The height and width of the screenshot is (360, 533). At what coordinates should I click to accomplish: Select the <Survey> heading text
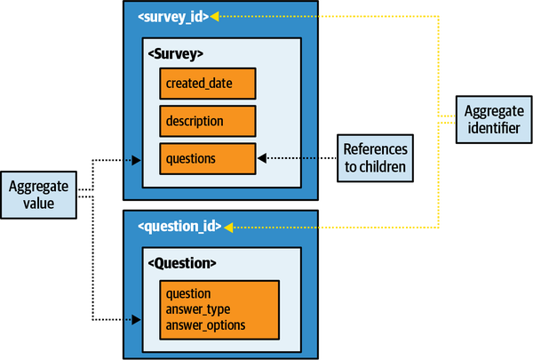tap(177, 52)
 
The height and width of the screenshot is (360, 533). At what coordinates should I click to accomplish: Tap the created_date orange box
tap(208, 84)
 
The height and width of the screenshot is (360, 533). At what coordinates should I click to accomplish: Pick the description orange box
tap(208, 120)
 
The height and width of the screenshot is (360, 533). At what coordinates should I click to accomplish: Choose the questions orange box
tap(208, 158)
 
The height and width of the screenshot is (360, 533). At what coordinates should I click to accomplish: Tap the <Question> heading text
tap(182, 263)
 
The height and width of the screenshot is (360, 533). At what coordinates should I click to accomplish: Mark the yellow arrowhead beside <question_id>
tap(228, 227)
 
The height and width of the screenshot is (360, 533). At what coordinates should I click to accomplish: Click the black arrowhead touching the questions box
tap(262, 159)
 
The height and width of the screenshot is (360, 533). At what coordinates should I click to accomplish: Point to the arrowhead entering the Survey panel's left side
tap(136, 161)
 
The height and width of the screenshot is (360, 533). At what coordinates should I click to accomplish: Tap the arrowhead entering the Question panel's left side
tap(136, 318)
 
